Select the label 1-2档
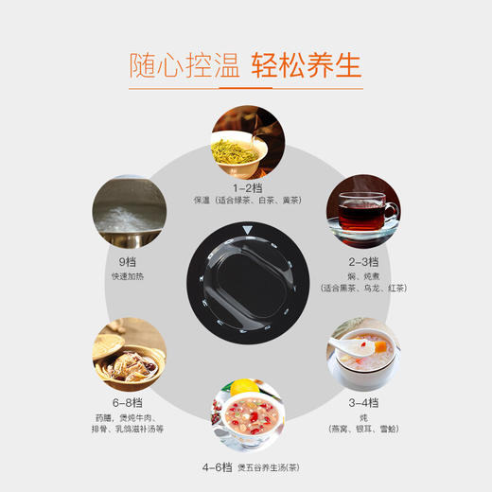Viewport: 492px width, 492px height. point(247,187)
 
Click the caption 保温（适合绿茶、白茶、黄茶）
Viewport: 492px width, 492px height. point(247,202)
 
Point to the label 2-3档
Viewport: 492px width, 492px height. point(360,261)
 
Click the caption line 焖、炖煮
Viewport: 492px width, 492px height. point(360,274)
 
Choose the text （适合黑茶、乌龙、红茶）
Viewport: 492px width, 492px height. point(360,287)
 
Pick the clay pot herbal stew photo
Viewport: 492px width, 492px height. point(131,356)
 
